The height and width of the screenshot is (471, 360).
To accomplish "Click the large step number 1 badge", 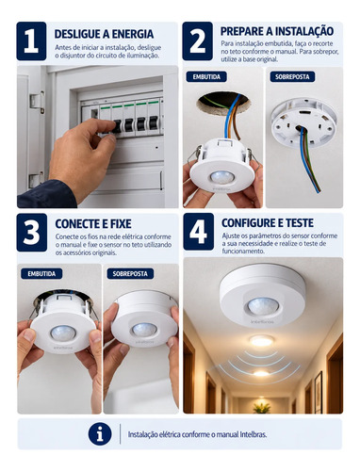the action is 31,41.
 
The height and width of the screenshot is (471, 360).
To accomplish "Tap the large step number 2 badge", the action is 198,41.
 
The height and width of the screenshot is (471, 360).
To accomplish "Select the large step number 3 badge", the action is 32,233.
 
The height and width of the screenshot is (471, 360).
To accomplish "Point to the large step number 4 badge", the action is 199,232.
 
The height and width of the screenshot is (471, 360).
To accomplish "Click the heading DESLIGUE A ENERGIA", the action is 104,34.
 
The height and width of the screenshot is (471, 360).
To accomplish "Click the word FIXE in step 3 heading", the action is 121,224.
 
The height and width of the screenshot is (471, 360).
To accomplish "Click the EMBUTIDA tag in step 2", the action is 206,77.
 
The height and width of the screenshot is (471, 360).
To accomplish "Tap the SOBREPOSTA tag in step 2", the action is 292,77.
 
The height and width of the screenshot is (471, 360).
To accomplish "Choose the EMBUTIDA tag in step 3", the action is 41,274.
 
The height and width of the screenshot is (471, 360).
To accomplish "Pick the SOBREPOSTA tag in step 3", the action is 130,274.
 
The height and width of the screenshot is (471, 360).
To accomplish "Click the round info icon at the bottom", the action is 100,434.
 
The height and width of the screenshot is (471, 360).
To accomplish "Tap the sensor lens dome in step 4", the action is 263,305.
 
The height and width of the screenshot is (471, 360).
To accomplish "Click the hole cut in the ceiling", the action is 223,103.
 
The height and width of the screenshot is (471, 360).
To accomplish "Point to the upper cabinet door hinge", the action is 37,101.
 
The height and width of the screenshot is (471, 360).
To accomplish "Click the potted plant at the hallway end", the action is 261,407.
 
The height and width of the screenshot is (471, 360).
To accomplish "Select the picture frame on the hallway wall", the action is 319,392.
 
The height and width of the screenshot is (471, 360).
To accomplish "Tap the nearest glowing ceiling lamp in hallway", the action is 262,341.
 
